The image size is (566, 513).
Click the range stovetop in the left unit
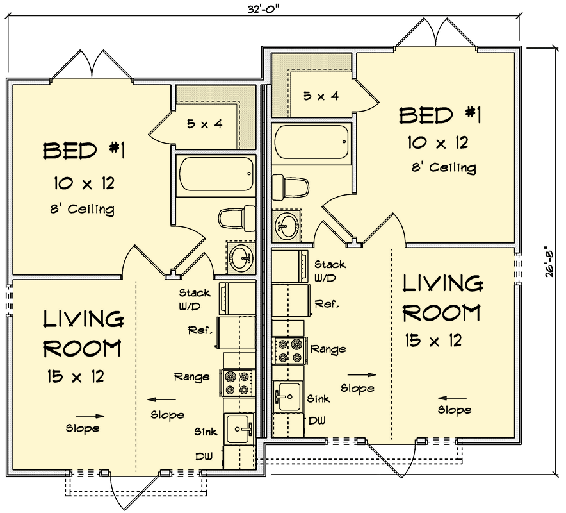[x=236, y=382]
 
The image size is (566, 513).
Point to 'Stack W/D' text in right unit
[x=329, y=271]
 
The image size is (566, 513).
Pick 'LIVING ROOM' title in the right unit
[x=441, y=298]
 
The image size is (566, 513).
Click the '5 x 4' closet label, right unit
[x=321, y=96]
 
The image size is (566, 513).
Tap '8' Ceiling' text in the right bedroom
[x=444, y=168]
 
